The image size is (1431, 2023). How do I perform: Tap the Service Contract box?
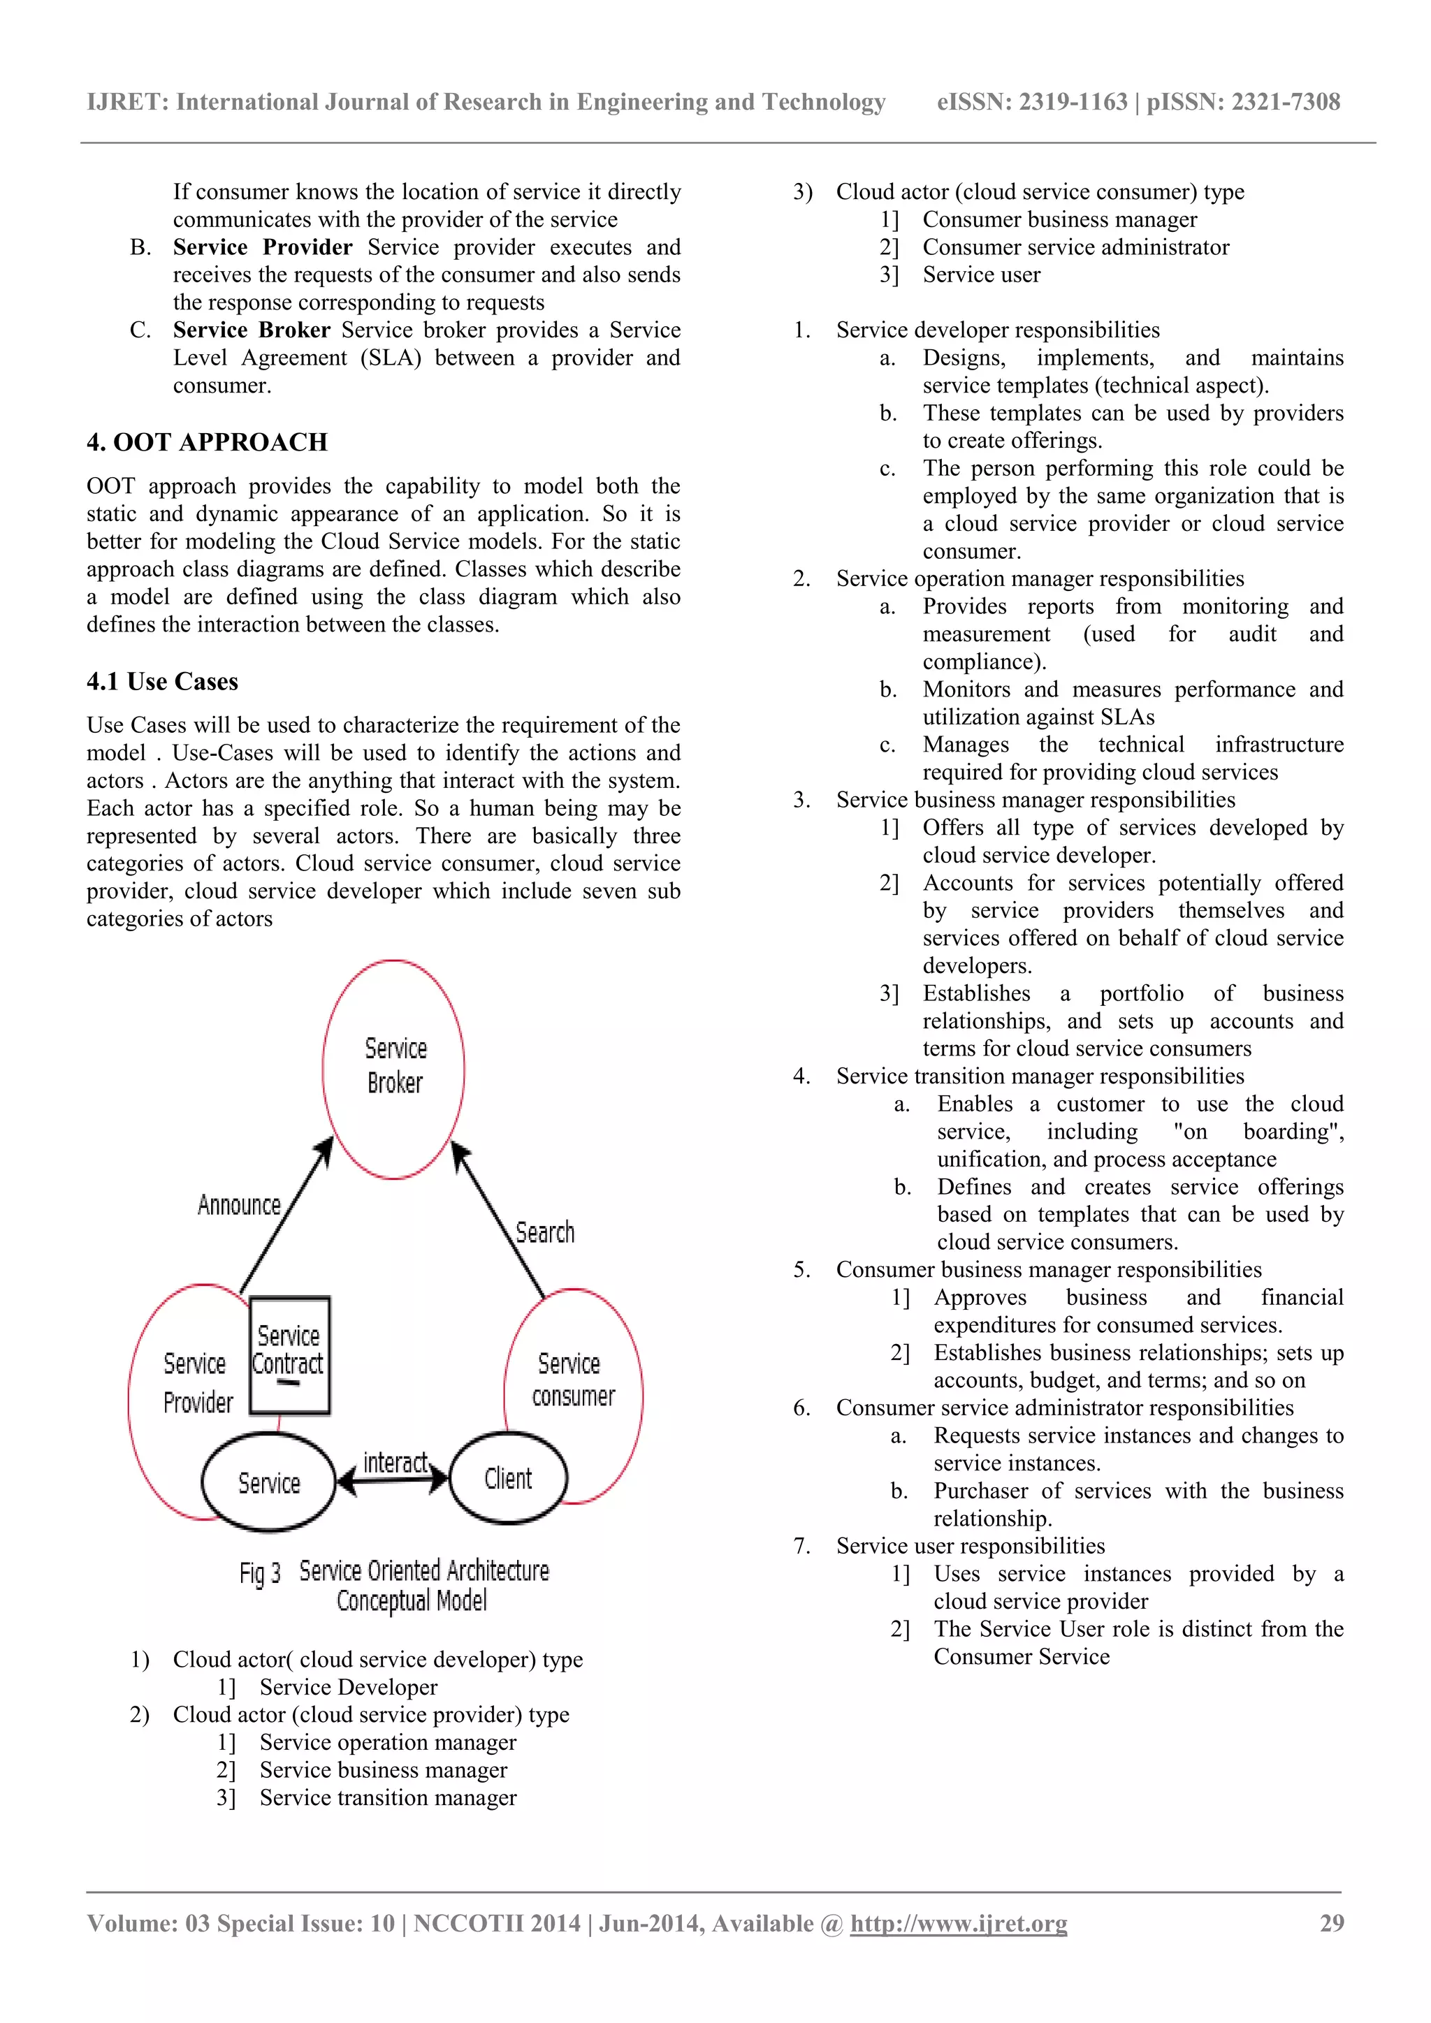click(x=289, y=1355)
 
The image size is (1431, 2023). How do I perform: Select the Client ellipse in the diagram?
click(x=509, y=1477)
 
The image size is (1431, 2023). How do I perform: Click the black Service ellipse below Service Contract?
click(x=269, y=1483)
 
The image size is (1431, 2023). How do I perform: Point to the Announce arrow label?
click(x=239, y=1204)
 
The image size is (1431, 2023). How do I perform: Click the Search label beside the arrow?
click(x=544, y=1232)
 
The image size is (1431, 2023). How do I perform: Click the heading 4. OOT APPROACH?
click(x=206, y=441)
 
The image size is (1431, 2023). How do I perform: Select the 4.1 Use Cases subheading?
click(x=162, y=681)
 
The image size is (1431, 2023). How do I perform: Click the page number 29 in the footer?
click(x=1330, y=1922)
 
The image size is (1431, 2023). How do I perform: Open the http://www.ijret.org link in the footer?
click(x=958, y=1922)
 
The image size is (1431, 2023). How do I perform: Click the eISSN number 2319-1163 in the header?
click(x=1073, y=102)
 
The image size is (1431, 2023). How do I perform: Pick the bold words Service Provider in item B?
click(x=263, y=247)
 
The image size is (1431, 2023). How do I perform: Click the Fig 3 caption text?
click(x=394, y=1585)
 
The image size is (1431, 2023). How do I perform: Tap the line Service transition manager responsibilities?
click(x=1040, y=1076)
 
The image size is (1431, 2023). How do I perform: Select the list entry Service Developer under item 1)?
click(x=348, y=1686)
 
